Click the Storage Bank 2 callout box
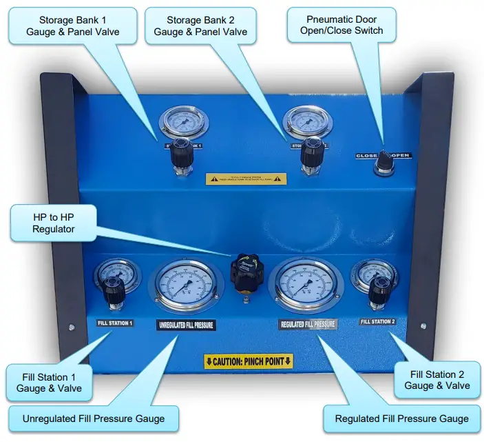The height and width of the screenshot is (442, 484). tap(200, 26)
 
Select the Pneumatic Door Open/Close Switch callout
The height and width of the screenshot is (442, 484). tap(341, 26)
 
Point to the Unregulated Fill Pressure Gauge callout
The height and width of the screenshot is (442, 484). tap(94, 418)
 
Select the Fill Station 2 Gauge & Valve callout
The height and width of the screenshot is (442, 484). tap(436, 380)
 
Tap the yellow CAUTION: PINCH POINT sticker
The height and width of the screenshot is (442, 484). tap(249, 361)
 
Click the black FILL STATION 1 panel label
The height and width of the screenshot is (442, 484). tap(115, 323)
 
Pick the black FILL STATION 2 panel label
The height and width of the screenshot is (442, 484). tap(378, 321)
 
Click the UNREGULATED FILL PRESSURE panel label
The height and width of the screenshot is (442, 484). tap(186, 325)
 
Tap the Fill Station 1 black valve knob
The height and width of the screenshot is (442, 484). tap(114, 295)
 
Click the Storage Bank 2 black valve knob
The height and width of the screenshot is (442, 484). tap(311, 152)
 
